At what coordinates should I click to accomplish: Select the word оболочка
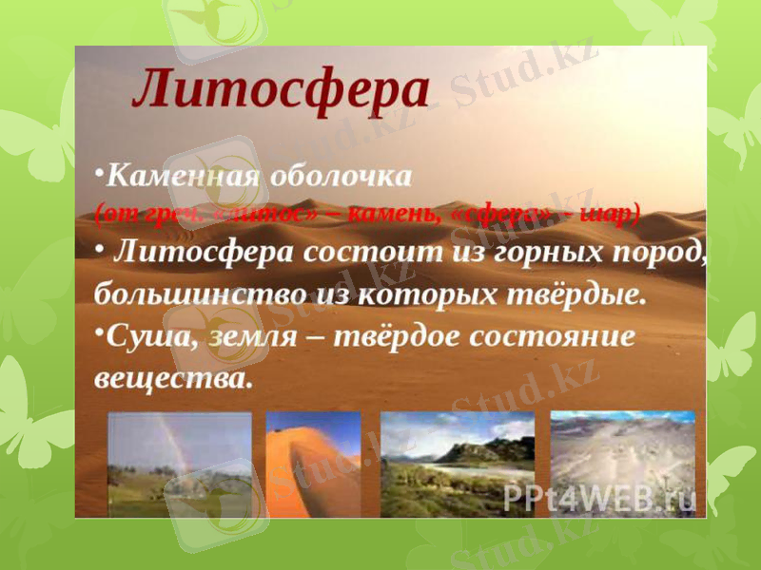click(341, 176)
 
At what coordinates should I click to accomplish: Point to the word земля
click(245, 336)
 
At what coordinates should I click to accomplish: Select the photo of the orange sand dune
click(313, 464)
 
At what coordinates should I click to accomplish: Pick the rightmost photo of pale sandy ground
click(622, 464)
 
